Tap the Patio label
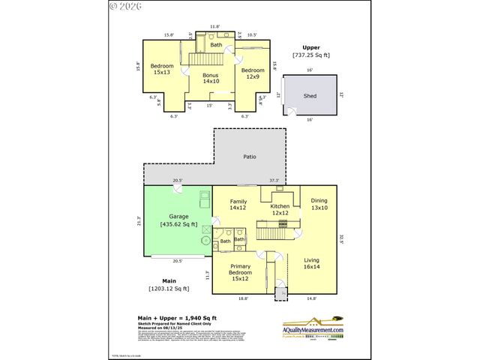click(250, 157)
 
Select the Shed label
click(310, 96)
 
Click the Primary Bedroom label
click(241, 271)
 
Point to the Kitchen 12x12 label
click(280, 209)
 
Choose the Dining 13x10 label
click(319, 204)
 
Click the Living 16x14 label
click(312, 262)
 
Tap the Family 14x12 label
click(238, 204)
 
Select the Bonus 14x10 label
click(211, 78)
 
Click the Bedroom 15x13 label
click(163, 70)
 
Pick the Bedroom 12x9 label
click(253, 73)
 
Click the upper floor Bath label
click(216, 45)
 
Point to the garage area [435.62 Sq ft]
click(178, 224)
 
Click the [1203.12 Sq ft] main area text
click(168, 288)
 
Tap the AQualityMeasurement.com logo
click(313, 330)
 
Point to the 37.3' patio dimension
click(274, 181)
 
